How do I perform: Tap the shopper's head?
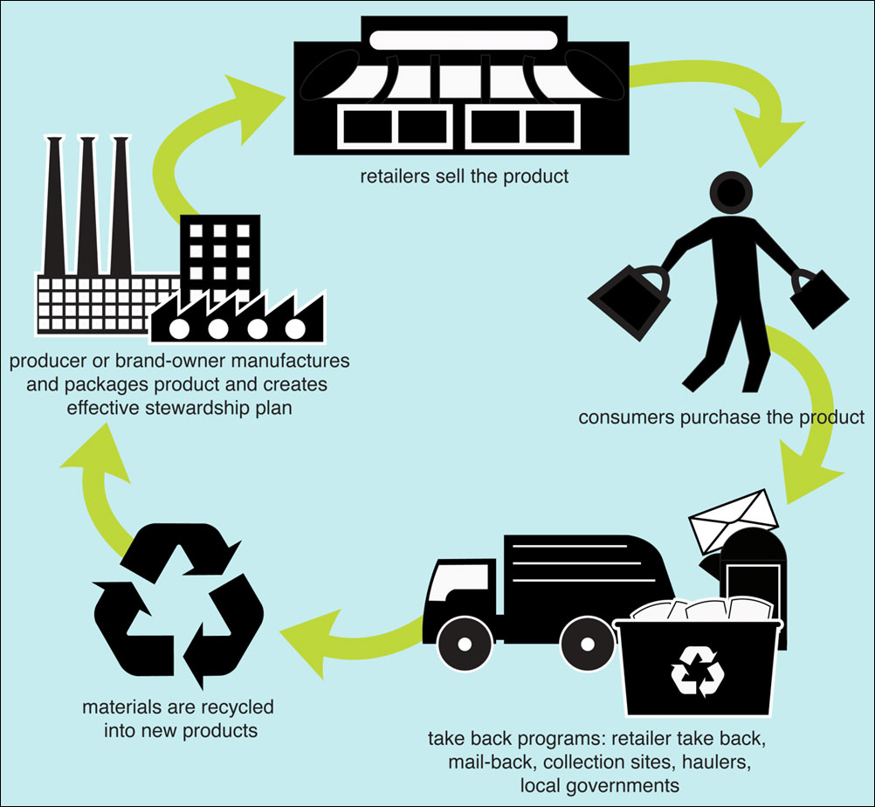click(731, 193)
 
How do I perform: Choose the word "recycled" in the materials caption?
click(234, 706)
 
